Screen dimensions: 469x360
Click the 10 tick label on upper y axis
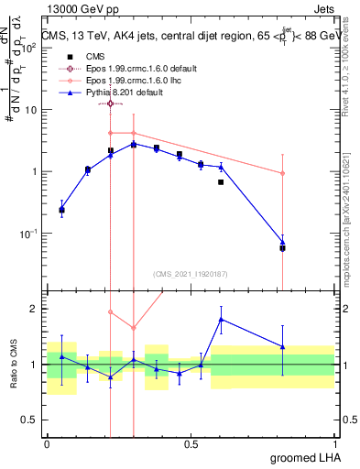pos(32,110)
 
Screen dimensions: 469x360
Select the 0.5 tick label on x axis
pos(191,443)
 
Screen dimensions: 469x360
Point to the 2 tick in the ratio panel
pos(34,309)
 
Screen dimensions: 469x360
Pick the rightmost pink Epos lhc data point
pos(282,173)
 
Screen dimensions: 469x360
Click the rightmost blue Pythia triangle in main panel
pos(282,243)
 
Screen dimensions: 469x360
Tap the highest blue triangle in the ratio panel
pos(222,319)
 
